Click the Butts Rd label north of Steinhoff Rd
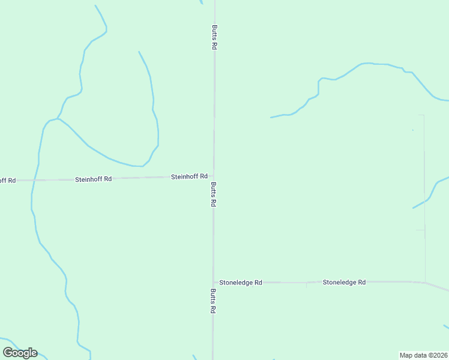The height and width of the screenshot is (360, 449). pyautogui.click(x=214, y=37)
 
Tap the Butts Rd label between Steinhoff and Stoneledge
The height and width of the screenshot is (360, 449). pyautogui.click(x=213, y=195)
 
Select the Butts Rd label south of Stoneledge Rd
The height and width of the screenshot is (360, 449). pyautogui.click(x=213, y=302)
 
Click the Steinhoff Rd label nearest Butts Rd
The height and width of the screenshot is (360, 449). pyautogui.click(x=189, y=176)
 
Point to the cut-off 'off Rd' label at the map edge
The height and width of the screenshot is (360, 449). pyautogui.click(x=7, y=180)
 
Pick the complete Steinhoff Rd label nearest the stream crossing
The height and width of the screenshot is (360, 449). pyautogui.click(x=94, y=179)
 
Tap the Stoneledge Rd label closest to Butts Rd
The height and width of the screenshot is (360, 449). pyautogui.click(x=241, y=282)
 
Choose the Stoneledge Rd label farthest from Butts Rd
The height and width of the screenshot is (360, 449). pyautogui.click(x=344, y=281)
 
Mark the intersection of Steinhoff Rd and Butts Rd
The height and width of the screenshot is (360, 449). pyautogui.click(x=213, y=176)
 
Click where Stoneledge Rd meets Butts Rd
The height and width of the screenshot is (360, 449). pyautogui.click(x=213, y=282)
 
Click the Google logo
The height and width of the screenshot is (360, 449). pyautogui.click(x=20, y=353)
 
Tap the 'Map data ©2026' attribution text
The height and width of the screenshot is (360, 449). pyautogui.click(x=424, y=355)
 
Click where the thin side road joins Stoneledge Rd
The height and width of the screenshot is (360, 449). pyautogui.click(x=425, y=282)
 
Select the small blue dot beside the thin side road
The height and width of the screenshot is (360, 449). pyautogui.click(x=412, y=130)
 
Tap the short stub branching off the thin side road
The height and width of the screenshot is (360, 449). pyautogui.click(x=420, y=229)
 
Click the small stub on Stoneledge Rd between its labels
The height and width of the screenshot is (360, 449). pyautogui.click(x=306, y=284)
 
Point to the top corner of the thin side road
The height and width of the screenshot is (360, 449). pyautogui.click(x=424, y=115)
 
